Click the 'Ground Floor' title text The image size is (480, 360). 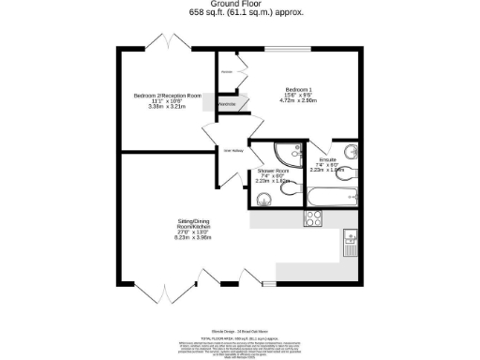tap(239, 5)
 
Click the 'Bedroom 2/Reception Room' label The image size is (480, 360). tap(168, 96)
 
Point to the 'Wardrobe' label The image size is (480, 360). tap(227, 104)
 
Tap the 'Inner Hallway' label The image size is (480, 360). tap(233, 150)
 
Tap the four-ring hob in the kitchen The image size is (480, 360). tap(313, 219)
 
